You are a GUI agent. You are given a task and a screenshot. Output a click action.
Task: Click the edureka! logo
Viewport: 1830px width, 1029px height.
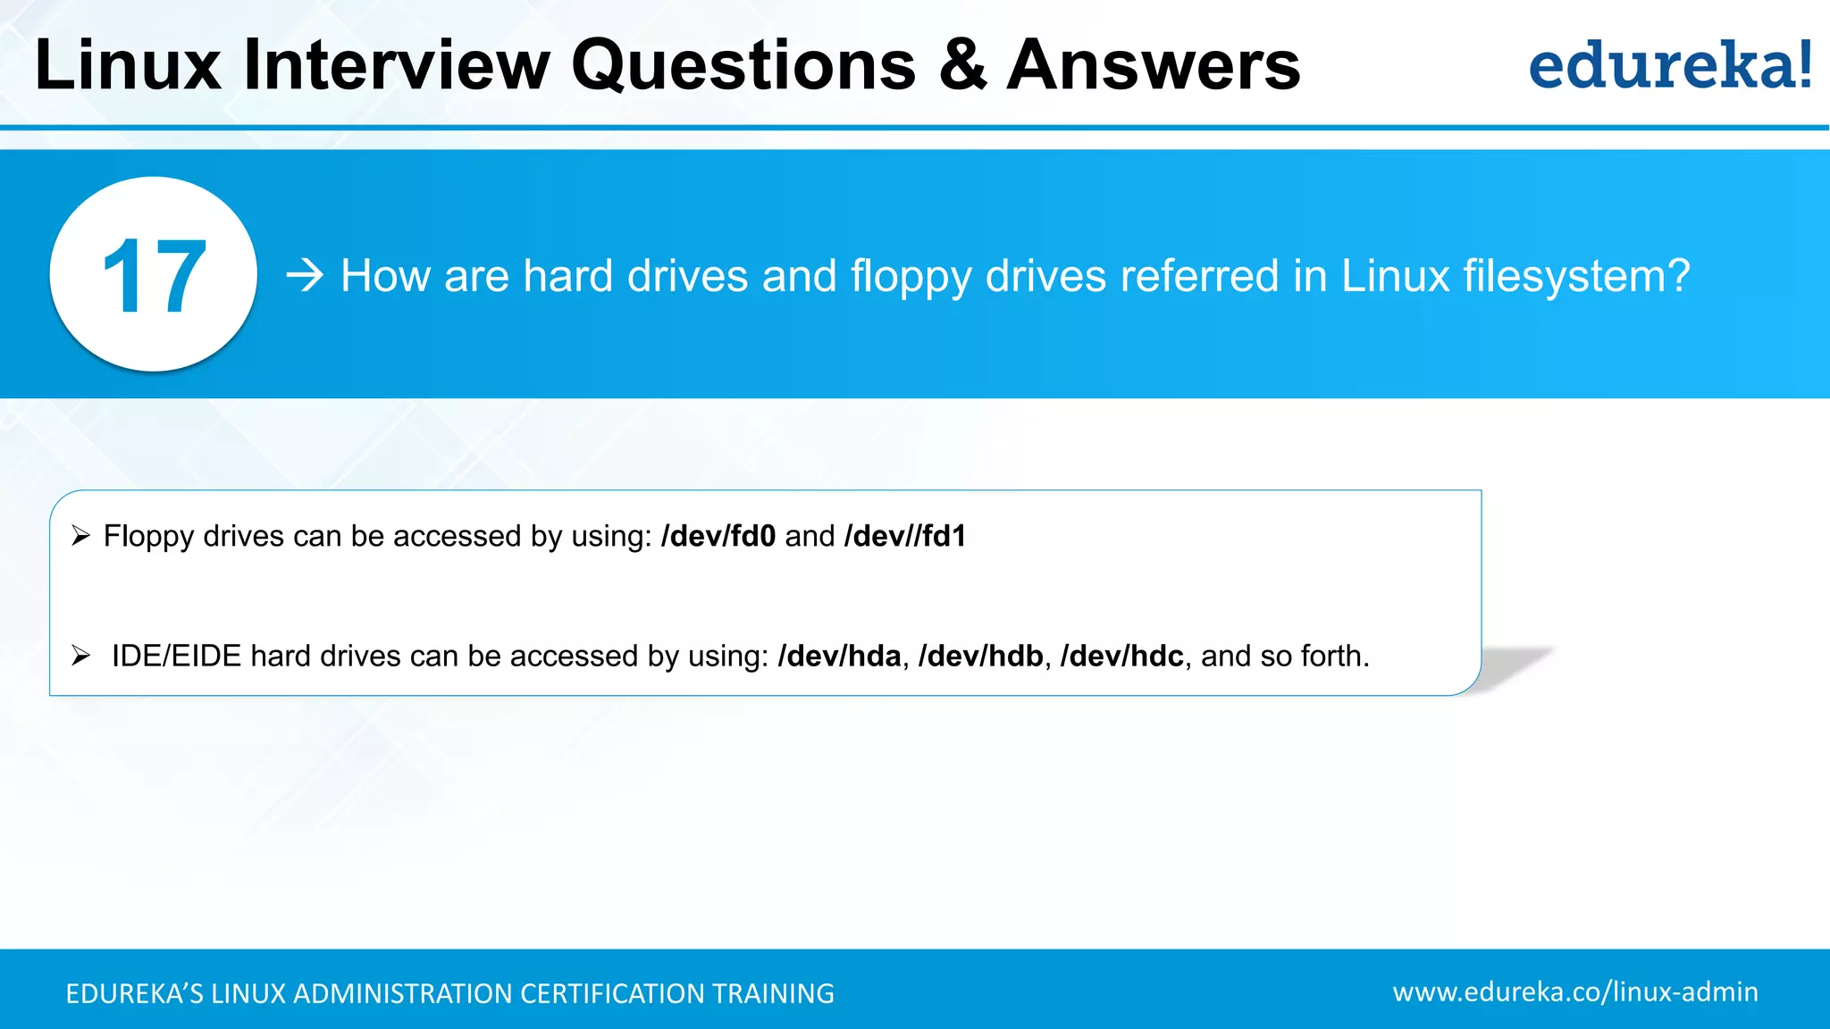point(1669,65)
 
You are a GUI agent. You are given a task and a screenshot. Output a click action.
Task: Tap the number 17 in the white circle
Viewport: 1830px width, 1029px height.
point(154,277)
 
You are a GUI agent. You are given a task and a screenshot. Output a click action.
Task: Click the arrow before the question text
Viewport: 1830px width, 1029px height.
point(305,275)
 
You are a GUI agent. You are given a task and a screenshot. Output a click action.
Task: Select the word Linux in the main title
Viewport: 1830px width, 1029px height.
point(128,65)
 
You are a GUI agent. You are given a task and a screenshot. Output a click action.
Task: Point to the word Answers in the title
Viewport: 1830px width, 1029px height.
point(1153,65)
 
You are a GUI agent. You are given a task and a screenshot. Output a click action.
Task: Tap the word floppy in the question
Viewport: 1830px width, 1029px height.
point(911,277)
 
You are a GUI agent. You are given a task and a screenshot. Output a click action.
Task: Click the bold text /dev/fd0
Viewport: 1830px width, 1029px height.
point(718,536)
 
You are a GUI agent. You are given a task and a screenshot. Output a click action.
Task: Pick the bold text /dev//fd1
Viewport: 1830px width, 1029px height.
point(905,536)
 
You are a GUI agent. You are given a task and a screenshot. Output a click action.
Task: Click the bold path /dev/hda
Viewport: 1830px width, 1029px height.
point(839,657)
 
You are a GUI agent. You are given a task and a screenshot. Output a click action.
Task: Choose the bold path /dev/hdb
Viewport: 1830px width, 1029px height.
point(980,657)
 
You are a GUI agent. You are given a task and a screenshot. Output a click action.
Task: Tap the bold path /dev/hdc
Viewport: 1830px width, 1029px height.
point(1121,657)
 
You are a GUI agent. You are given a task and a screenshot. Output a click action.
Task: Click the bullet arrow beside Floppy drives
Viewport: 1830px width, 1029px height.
point(81,536)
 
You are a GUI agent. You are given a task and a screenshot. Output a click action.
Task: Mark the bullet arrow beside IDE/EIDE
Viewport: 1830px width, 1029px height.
point(81,657)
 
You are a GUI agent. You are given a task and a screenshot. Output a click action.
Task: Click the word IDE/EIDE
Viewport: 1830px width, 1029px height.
point(176,657)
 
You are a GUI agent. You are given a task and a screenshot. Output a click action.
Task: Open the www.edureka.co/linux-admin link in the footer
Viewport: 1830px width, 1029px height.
point(1574,991)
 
